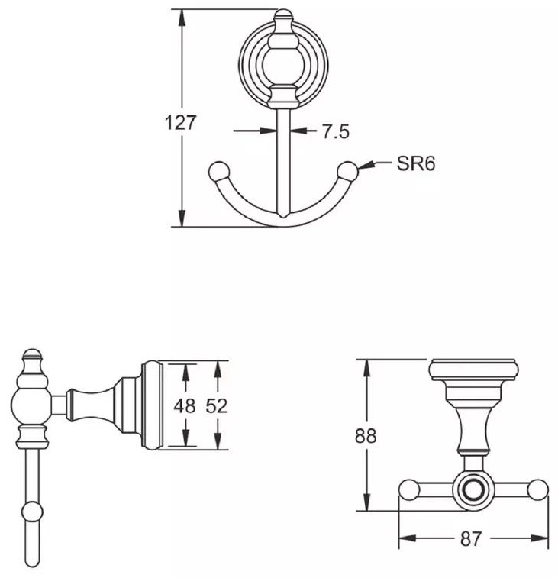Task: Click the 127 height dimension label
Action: tap(181, 123)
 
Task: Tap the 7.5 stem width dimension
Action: tap(335, 131)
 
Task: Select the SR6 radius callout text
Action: tap(416, 163)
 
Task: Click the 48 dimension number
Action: tap(185, 406)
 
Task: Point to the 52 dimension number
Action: tap(217, 406)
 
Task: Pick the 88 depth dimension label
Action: tap(366, 435)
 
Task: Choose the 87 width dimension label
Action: tap(471, 538)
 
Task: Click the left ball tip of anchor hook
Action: tap(219, 171)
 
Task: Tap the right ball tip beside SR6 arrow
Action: tap(348, 171)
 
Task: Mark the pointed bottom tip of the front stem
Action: tap(283, 215)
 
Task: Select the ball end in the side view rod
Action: tap(32, 512)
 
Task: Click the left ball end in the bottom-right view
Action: tap(409, 490)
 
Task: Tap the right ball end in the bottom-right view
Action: tap(537, 490)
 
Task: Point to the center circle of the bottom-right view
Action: tap(473, 490)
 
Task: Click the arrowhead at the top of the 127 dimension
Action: tap(182, 18)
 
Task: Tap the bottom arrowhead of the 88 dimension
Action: tap(366, 502)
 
